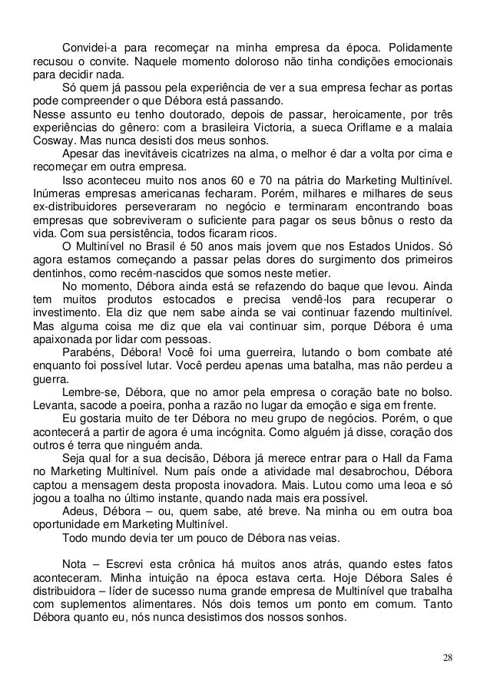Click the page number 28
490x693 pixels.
tap(447, 658)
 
